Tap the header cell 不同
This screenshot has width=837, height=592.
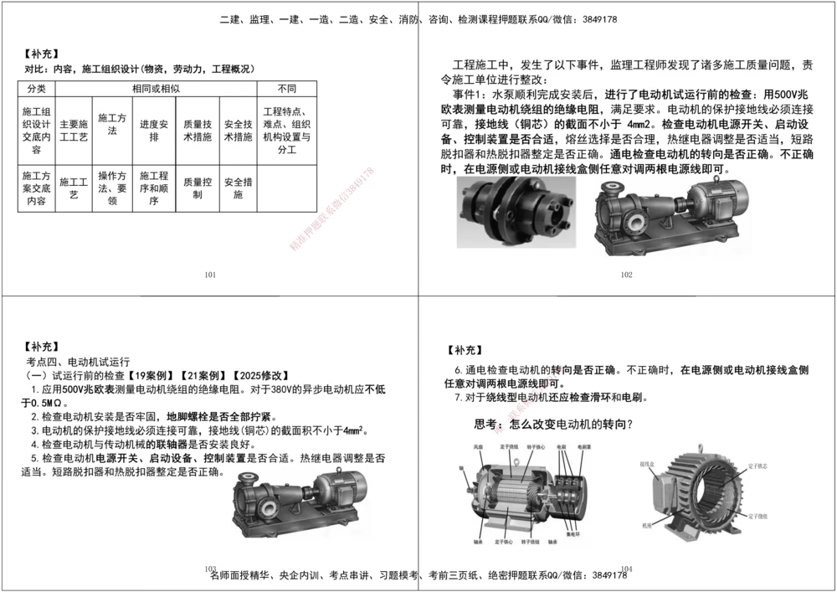point(285,88)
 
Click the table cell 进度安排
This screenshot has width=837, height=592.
point(154,131)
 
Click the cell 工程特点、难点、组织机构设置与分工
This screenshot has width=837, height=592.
point(285,131)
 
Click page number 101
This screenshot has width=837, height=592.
point(210,274)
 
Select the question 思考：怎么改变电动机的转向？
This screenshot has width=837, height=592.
point(553,424)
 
